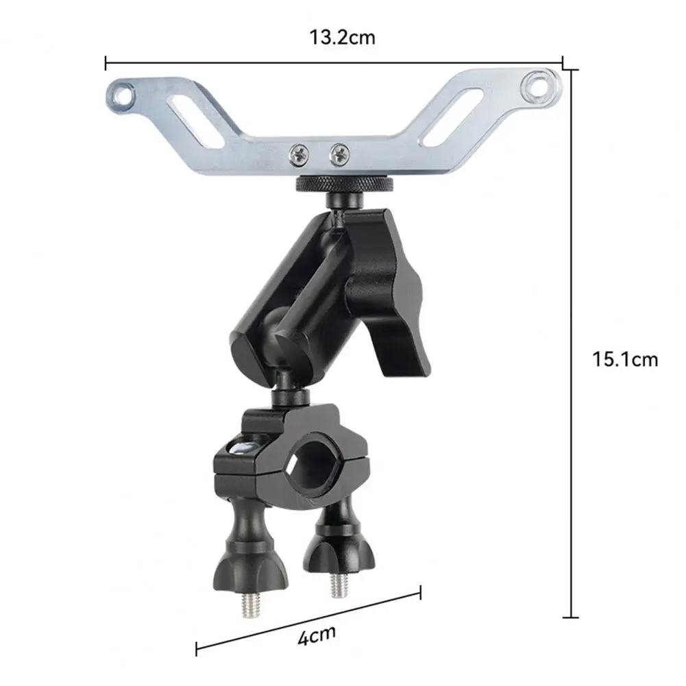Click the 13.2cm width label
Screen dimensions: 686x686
click(342, 38)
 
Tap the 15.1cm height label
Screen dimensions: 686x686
click(625, 360)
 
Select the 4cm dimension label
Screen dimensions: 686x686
click(317, 636)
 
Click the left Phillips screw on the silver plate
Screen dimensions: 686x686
click(299, 154)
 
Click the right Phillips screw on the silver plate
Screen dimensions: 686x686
click(340, 154)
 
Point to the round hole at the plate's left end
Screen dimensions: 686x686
click(123, 95)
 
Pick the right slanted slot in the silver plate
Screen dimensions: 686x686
click(451, 117)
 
